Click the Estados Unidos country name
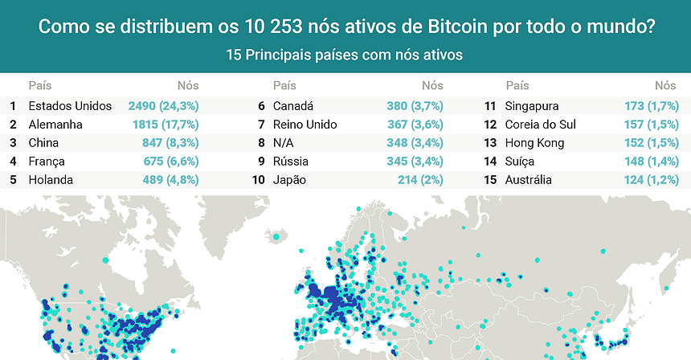tap(70, 106)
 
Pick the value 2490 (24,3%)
tap(163, 106)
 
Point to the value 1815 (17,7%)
tap(166, 125)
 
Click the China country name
tap(43, 143)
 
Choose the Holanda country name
tap(51, 180)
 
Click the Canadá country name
tap(293, 106)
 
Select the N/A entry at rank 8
tap(283, 143)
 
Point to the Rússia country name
tap(291, 162)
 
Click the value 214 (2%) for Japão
tap(419, 180)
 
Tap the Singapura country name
tap(532, 106)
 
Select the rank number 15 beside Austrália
tap(489, 180)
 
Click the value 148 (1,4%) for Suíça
tap(650, 162)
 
